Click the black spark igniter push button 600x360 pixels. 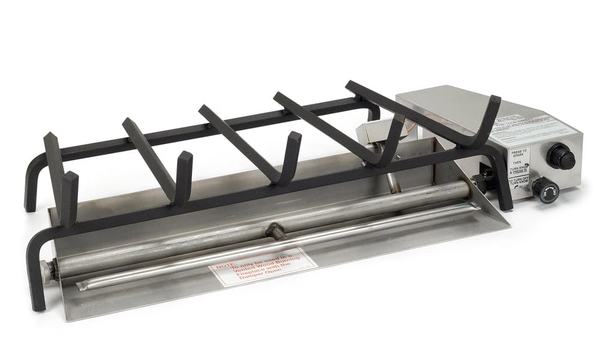560,157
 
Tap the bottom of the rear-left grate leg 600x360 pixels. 29,204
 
